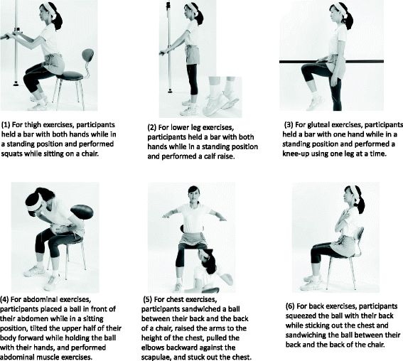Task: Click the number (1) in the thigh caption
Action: [x=6, y=125]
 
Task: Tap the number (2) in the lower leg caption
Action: [x=152, y=128]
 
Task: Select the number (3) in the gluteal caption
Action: [x=289, y=125]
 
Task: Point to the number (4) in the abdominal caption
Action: [x=4, y=300]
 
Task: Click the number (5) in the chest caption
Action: [x=148, y=300]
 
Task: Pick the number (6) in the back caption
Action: [x=290, y=306]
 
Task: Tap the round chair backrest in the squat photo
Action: [x=87, y=55]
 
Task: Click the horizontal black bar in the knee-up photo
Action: [x=331, y=61]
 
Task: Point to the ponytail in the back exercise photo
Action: [x=360, y=203]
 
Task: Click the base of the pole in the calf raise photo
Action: [x=170, y=90]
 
